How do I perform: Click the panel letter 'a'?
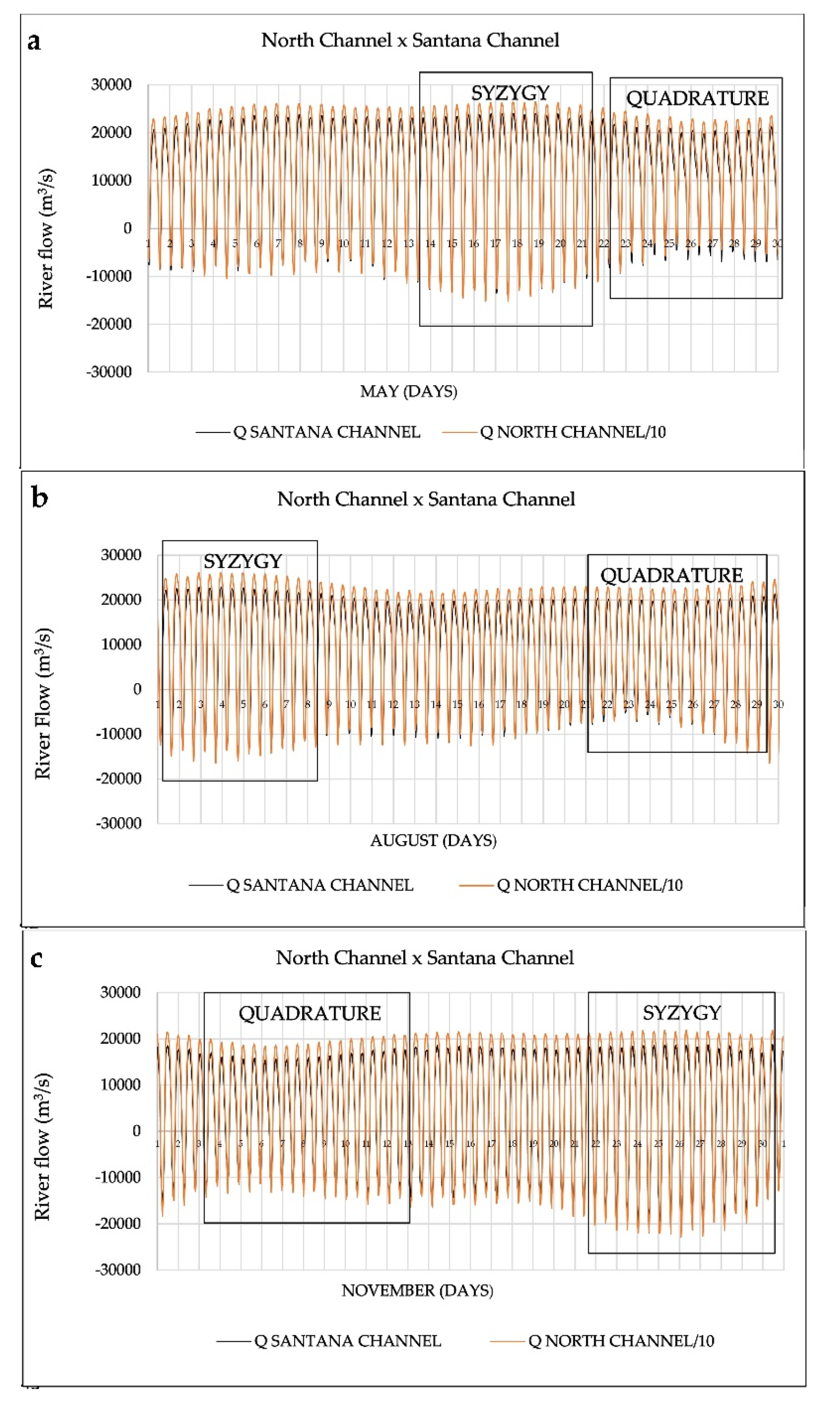(34, 42)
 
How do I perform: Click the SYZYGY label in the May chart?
(510, 93)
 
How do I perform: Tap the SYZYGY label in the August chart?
(243, 561)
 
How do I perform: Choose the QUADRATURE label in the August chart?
(671, 575)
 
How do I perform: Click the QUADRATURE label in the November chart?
(309, 1013)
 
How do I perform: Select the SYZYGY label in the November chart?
(682, 1012)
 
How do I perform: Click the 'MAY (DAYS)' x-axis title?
(409, 392)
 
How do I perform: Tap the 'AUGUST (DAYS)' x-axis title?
(433, 840)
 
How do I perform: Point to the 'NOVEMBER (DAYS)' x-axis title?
(417, 1291)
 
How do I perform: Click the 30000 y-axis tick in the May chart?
(112, 85)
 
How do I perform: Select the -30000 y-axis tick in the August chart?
(119, 823)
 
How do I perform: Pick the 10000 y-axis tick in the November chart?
(120, 1085)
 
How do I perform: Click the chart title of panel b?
(426, 499)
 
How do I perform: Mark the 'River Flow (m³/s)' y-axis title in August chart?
(43, 703)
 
